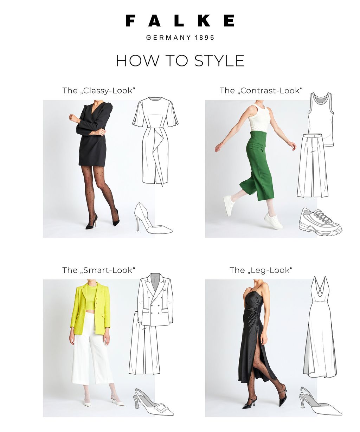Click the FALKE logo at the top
click(x=180, y=20)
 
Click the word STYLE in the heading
click(x=219, y=60)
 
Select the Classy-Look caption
click(x=99, y=91)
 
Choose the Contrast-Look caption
click(x=261, y=91)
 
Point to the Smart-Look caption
click(x=99, y=270)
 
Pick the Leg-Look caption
click(x=261, y=270)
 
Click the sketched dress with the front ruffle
click(x=155, y=141)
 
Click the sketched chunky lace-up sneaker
click(x=320, y=222)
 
